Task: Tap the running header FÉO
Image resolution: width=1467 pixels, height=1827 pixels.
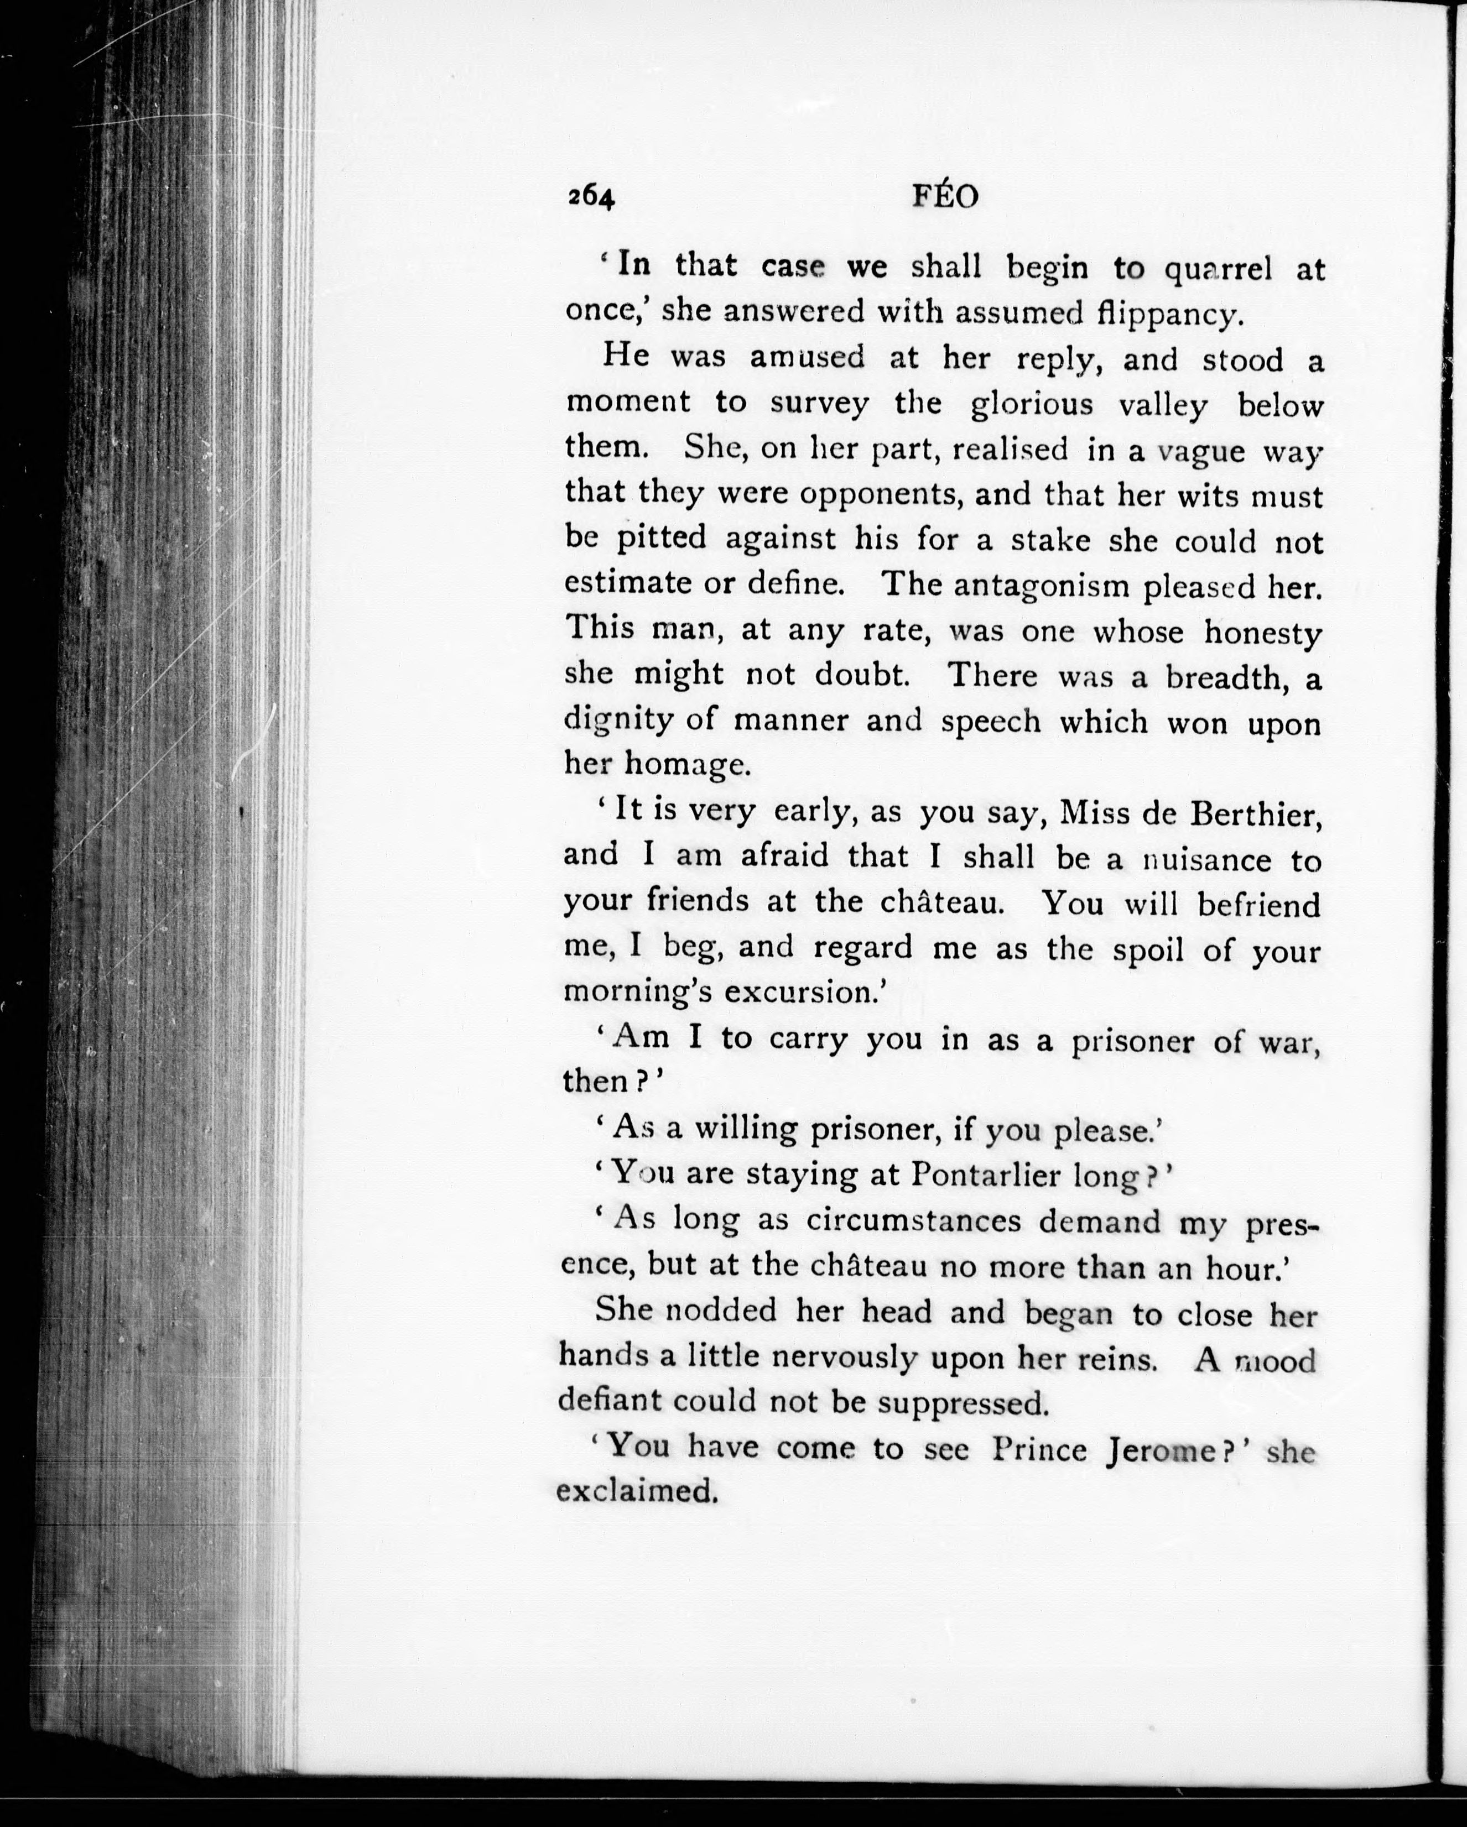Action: point(945,197)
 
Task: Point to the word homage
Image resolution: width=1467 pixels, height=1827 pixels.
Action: point(686,765)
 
